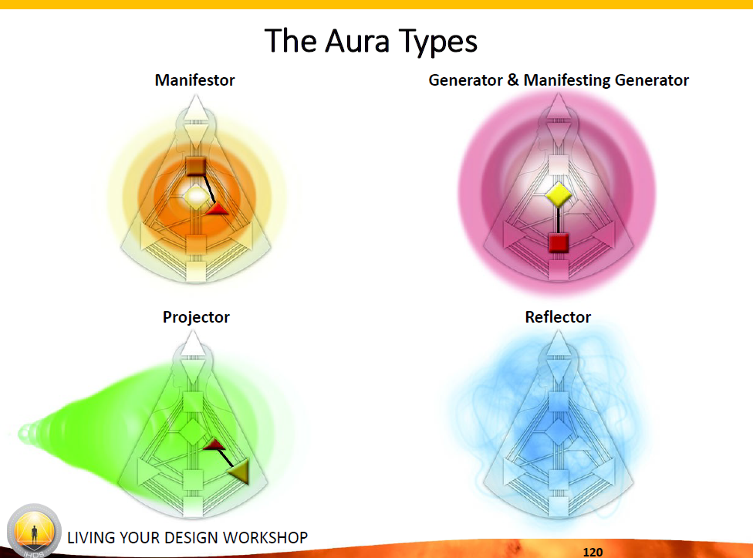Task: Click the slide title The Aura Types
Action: pyautogui.click(x=371, y=42)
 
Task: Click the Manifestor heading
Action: pyautogui.click(x=194, y=80)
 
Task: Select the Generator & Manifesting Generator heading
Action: pyautogui.click(x=559, y=80)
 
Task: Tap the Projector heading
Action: pyautogui.click(x=196, y=317)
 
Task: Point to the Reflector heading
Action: pyautogui.click(x=558, y=317)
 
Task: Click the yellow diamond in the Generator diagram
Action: pyautogui.click(x=559, y=195)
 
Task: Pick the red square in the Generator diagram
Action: pyautogui.click(x=559, y=242)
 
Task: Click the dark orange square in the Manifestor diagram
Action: pyautogui.click(x=196, y=166)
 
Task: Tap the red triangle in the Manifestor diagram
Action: pyautogui.click(x=217, y=208)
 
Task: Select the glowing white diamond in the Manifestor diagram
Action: pyautogui.click(x=197, y=196)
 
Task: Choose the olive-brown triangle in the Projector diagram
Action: pyautogui.click(x=240, y=471)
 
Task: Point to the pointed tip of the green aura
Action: pyautogui.click(x=21, y=434)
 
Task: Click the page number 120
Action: pyautogui.click(x=593, y=552)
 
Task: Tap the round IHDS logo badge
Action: pyautogui.click(x=34, y=531)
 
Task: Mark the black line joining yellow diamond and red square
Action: pyautogui.click(x=559, y=221)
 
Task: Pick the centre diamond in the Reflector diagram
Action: pyautogui.click(x=559, y=431)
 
